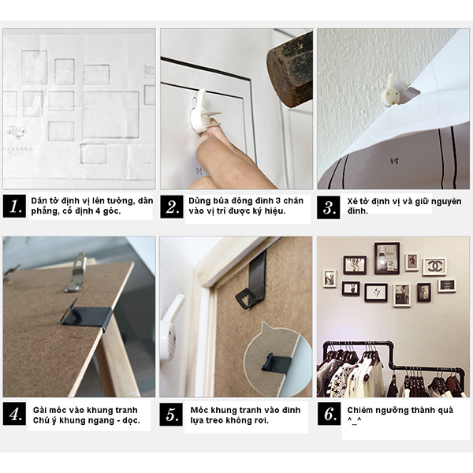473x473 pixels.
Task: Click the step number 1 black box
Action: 14,207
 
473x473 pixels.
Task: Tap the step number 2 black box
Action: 172,207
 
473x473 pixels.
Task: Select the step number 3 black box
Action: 329,207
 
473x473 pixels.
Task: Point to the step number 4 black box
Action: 14,414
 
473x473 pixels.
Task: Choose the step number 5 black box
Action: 171,415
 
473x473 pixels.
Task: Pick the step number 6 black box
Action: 329,414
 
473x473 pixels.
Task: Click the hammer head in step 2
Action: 290,70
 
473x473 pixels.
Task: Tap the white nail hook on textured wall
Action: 390,91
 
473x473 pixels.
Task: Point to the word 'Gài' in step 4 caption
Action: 39,410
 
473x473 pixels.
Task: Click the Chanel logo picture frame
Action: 434,267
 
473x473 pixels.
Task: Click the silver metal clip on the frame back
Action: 76,273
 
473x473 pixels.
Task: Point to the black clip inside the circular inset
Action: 276,363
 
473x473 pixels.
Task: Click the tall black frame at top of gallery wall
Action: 387,259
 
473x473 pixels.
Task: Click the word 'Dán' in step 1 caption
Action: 38,200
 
